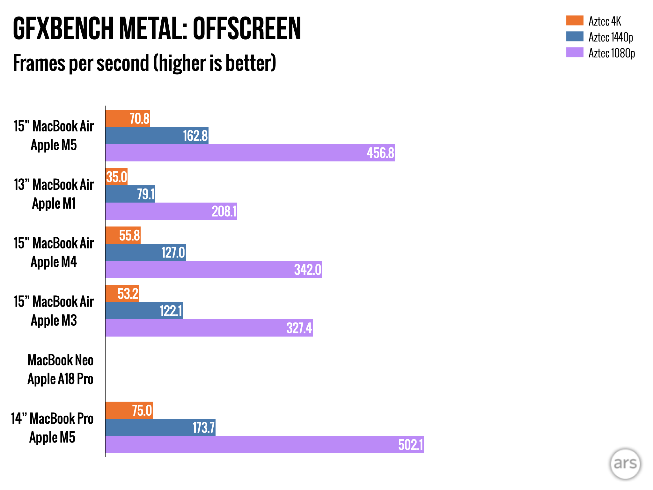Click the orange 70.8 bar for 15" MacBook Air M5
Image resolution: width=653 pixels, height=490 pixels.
click(x=128, y=118)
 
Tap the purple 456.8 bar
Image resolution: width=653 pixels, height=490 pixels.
click(x=250, y=153)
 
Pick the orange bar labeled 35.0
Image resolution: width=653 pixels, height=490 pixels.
click(x=116, y=177)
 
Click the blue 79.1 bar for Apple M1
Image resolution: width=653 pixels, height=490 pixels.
click(x=130, y=194)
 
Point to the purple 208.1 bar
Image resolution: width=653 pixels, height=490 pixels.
click(x=171, y=211)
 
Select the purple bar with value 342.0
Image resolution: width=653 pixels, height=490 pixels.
click(x=214, y=270)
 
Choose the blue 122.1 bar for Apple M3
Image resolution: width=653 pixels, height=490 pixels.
click(x=144, y=311)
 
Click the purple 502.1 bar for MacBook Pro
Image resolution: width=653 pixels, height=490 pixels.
click(x=264, y=445)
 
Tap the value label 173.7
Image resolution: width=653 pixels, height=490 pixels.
click(x=203, y=428)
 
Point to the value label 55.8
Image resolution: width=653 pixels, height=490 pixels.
click(x=129, y=235)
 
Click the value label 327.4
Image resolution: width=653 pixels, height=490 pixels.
click(x=299, y=328)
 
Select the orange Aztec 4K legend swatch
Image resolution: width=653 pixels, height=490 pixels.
click(x=575, y=20)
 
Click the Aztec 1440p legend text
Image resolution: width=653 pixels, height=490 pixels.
click(x=611, y=37)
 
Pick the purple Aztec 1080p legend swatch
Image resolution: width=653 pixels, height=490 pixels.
click(x=575, y=52)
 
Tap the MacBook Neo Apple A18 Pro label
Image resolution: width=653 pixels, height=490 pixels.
click(x=60, y=369)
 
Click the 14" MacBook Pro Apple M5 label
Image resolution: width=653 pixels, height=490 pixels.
click(x=52, y=428)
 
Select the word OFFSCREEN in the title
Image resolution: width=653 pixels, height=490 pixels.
click(x=247, y=29)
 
